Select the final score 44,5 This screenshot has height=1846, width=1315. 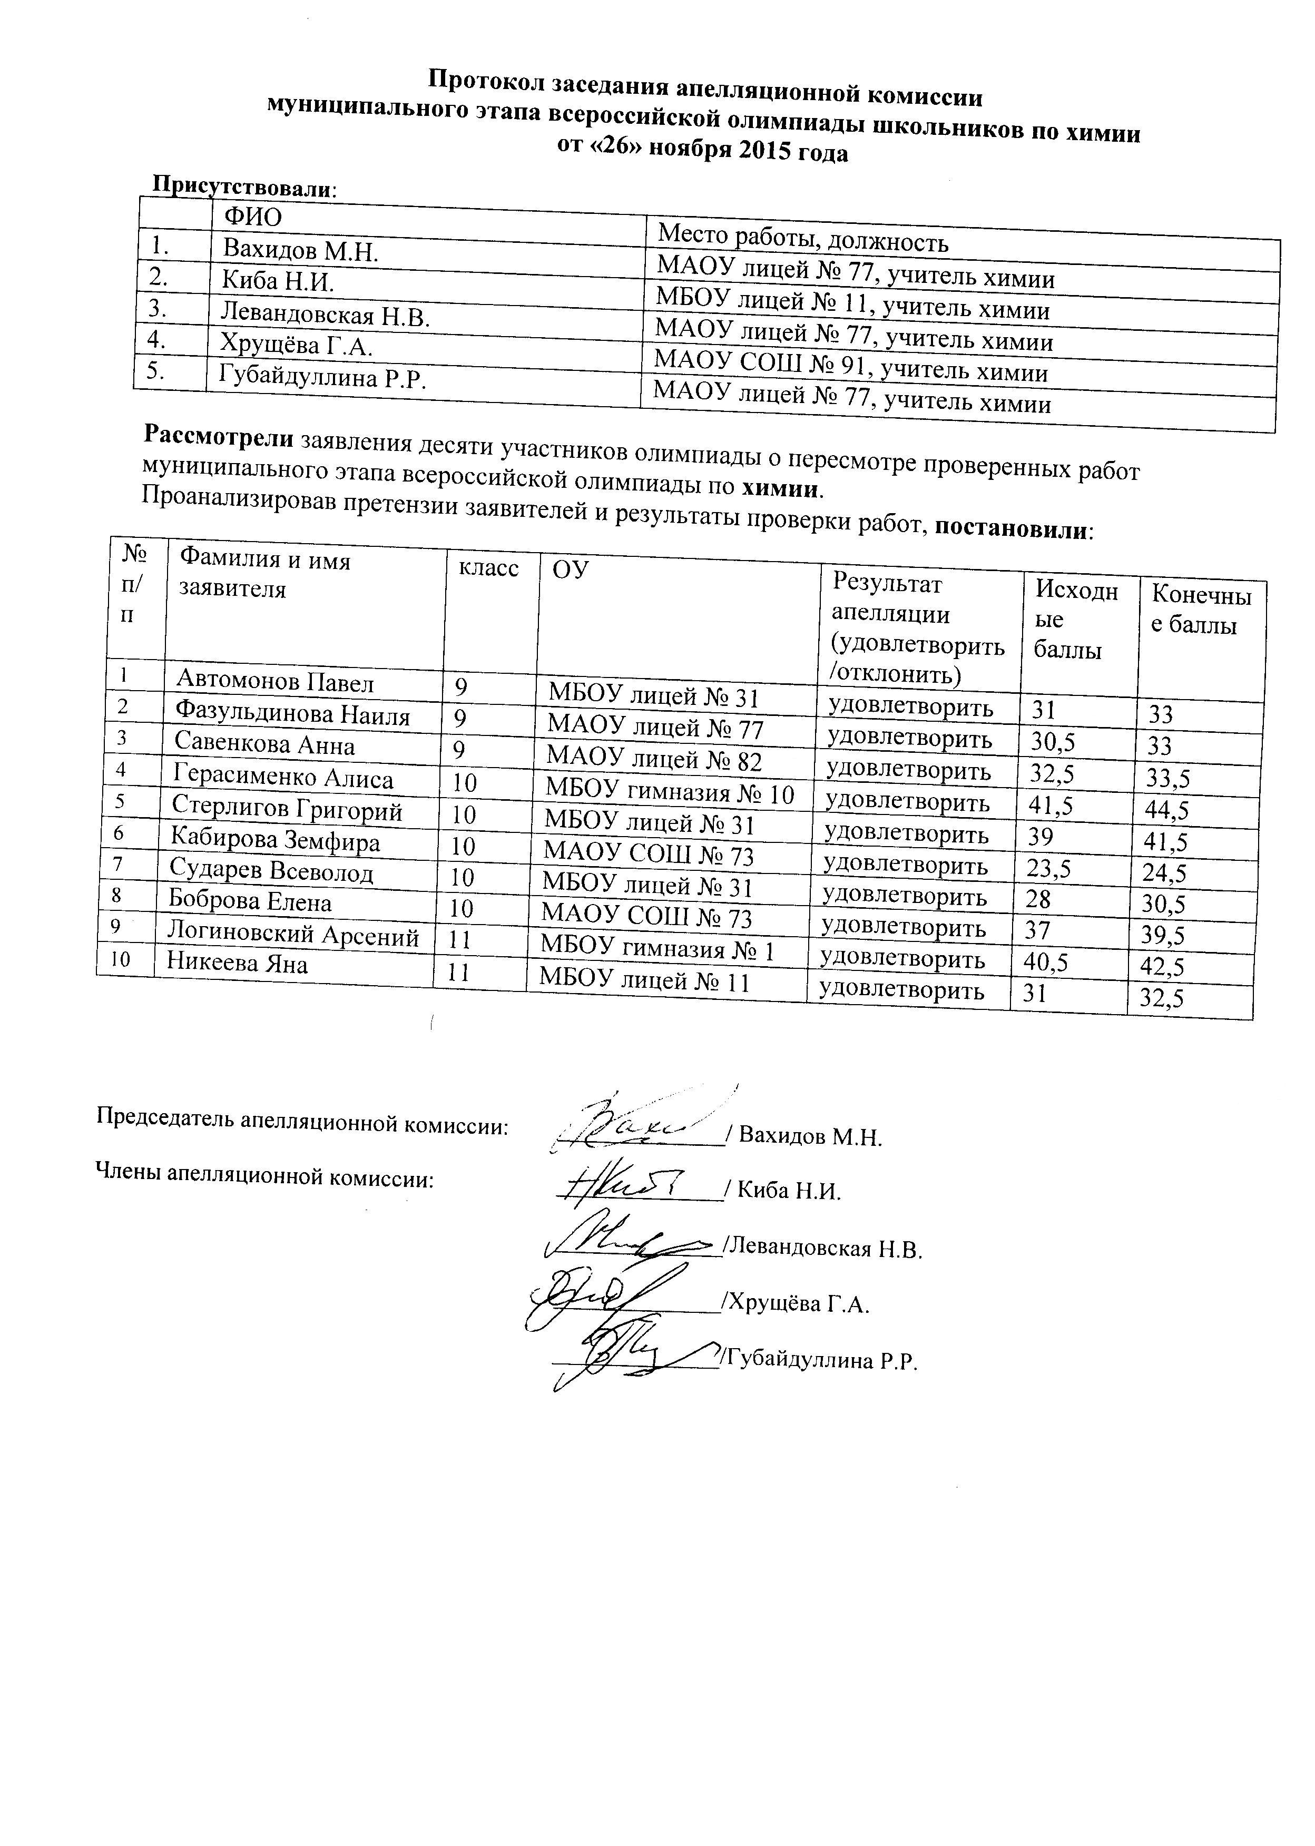[1166, 810]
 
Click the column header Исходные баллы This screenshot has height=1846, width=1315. [1076, 620]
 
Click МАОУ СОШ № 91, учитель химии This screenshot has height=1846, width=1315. [850, 371]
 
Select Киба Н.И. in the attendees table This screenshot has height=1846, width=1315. [279, 281]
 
